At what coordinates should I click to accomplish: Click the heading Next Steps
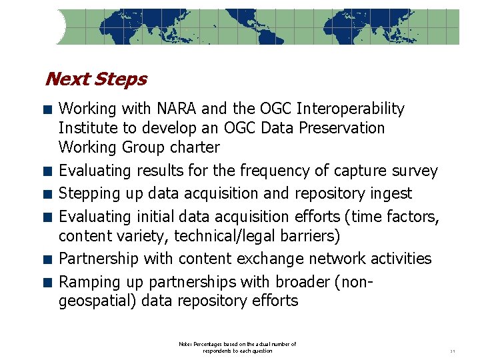(95, 79)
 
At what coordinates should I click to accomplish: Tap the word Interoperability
(351, 109)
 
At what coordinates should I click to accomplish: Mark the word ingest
(391, 194)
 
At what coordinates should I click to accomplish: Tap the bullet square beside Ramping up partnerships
(48, 282)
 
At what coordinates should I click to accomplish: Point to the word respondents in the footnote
(220, 351)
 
